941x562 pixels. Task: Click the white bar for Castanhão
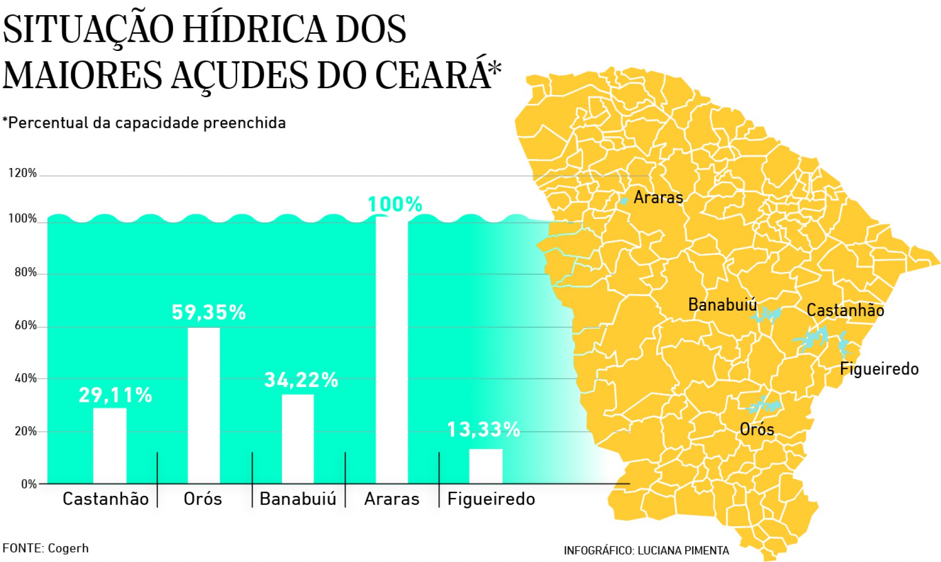pyautogui.click(x=110, y=445)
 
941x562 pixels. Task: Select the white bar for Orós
pyautogui.click(x=204, y=405)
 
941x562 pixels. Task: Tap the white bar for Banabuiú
pyautogui.click(x=297, y=439)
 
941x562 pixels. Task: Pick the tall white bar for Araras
pyautogui.click(x=392, y=350)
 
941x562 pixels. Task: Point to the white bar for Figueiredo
pyautogui.click(x=486, y=466)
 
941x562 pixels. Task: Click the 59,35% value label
pyautogui.click(x=209, y=313)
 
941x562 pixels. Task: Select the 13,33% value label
pyautogui.click(x=483, y=430)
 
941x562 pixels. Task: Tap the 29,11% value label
pyautogui.click(x=116, y=395)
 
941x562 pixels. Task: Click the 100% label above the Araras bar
pyautogui.click(x=395, y=204)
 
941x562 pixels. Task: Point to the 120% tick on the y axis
pyautogui.click(x=22, y=173)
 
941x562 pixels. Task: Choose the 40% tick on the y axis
pyautogui.click(x=25, y=378)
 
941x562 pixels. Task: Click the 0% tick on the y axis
pyautogui.click(x=29, y=484)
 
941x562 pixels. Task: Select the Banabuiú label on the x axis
pyautogui.click(x=298, y=499)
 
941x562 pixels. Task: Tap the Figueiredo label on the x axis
pyautogui.click(x=491, y=499)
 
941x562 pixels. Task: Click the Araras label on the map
pyautogui.click(x=658, y=197)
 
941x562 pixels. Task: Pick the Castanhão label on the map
pyautogui.click(x=845, y=310)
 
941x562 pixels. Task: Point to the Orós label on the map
pyautogui.click(x=757, y=430)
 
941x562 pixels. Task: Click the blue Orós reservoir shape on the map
pyautogui.click(x=763, y=406)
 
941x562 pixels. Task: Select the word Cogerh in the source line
pyautogui.click(x=68, y=548)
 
